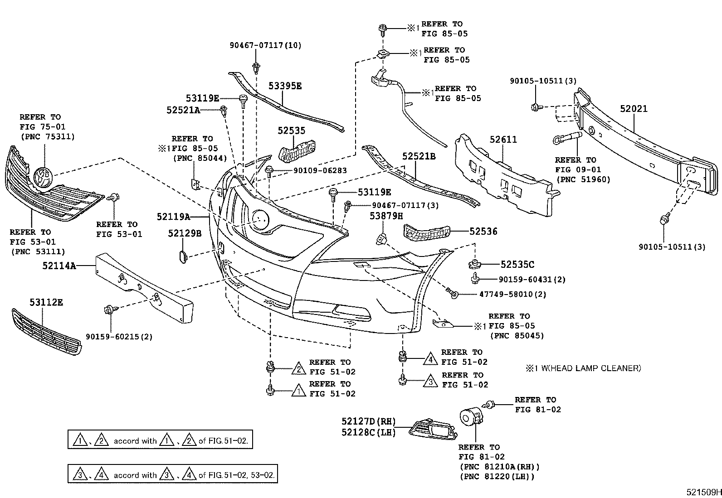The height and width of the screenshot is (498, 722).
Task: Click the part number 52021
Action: (634, 109)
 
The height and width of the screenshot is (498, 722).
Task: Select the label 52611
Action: (503, 140)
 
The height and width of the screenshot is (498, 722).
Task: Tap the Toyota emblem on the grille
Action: (43, 177)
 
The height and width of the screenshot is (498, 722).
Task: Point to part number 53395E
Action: (284, 86)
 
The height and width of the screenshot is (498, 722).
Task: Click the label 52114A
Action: (59, 266)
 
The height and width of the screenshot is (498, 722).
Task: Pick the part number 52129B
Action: (184, 233)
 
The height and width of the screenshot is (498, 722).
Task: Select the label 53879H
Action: (386, 216)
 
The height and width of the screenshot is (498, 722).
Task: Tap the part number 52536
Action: (483, 232)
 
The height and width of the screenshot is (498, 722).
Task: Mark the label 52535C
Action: (517, 265)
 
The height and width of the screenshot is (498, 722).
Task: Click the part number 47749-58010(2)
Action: (512, 295)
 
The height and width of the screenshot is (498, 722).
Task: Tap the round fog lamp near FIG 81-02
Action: (468, 418)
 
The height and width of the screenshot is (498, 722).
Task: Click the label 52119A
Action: (173, 217)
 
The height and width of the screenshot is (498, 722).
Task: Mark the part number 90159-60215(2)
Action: (119, 337)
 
